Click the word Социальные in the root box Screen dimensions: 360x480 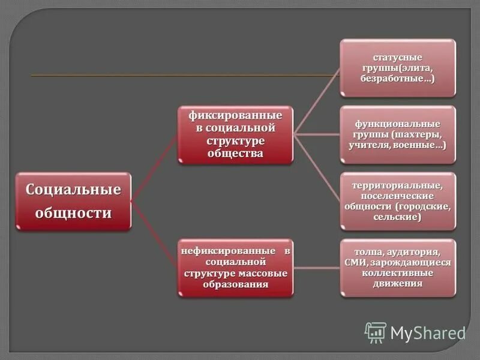point(73,190)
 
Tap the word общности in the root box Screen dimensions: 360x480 point(73,213)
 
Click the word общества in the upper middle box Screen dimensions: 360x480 point(236,154)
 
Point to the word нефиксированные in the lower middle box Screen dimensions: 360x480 point(229,250)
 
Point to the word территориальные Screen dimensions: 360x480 point(398,185)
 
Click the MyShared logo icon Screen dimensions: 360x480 point(376,332)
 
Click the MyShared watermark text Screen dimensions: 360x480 point(428,333)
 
